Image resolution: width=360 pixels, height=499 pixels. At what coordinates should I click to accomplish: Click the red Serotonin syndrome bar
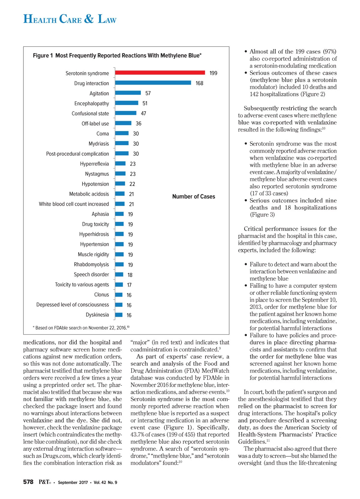(160, 73)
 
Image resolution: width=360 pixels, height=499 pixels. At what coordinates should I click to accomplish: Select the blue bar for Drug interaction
(153, 83)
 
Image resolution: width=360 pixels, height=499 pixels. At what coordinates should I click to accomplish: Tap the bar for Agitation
(128, 93)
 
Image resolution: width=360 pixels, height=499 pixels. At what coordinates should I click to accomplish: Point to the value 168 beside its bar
(199, 83)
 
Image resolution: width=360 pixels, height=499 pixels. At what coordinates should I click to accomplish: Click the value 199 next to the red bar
(213, 73)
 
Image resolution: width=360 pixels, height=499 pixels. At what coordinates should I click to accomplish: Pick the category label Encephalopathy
(91, 103)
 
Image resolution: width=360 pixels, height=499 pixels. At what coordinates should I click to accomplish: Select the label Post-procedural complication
(77, 154)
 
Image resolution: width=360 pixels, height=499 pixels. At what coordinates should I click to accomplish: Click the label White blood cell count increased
(74, 204)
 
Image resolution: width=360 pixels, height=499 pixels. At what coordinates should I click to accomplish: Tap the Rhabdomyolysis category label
(91, 264)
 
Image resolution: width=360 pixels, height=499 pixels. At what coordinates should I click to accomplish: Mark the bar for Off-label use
(123, 123)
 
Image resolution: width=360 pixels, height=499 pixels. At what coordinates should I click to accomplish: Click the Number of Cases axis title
(193, 196)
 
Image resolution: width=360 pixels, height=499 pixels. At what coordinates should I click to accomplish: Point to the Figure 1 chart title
(117, 55)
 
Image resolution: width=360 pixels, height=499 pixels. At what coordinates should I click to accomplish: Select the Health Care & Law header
(70, 19)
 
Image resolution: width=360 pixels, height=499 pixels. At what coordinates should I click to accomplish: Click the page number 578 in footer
(28, 482)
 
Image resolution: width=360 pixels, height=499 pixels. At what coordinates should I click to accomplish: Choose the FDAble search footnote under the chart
(81, 328)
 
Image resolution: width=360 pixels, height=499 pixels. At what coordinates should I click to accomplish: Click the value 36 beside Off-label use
(138, 124)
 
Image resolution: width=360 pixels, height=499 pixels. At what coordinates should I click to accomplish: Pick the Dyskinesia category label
(97, 315)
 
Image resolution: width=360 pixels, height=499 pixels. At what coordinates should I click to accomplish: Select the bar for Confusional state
(125, 113)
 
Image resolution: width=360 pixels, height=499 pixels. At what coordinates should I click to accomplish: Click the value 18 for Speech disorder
(130, 275)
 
